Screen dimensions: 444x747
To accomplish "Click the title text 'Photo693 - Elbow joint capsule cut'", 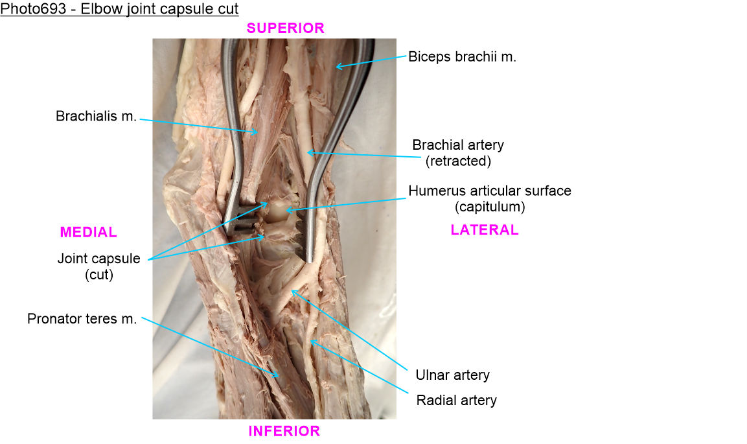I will tap(119, 9).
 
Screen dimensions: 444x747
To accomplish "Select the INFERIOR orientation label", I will tap(284, 431).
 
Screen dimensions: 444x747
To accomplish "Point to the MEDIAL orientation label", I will tap(88, 232).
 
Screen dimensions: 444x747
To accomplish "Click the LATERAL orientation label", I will tap(484, 229).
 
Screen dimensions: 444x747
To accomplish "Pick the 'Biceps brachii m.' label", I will tap(462, 56).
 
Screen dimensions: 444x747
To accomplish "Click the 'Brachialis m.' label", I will tap(96, 117).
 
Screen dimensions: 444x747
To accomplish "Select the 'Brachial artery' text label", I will tap(457, 145).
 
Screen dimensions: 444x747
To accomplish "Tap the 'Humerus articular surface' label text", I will tap(489, 191).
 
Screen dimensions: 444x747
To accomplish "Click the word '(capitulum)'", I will tap(489, 207).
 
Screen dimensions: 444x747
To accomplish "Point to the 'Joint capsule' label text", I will tap(98, 259).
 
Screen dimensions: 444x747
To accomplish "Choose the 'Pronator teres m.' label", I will tap(82, 319).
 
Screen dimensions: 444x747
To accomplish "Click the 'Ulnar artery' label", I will tap(452, 375).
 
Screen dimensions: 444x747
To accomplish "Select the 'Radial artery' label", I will tap(456, 400).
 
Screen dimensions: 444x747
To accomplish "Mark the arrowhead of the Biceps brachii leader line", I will tap(336, 65).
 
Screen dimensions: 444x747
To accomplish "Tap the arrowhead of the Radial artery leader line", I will tap(311, 340).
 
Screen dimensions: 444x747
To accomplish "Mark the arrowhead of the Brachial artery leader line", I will tap(308, 153).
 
